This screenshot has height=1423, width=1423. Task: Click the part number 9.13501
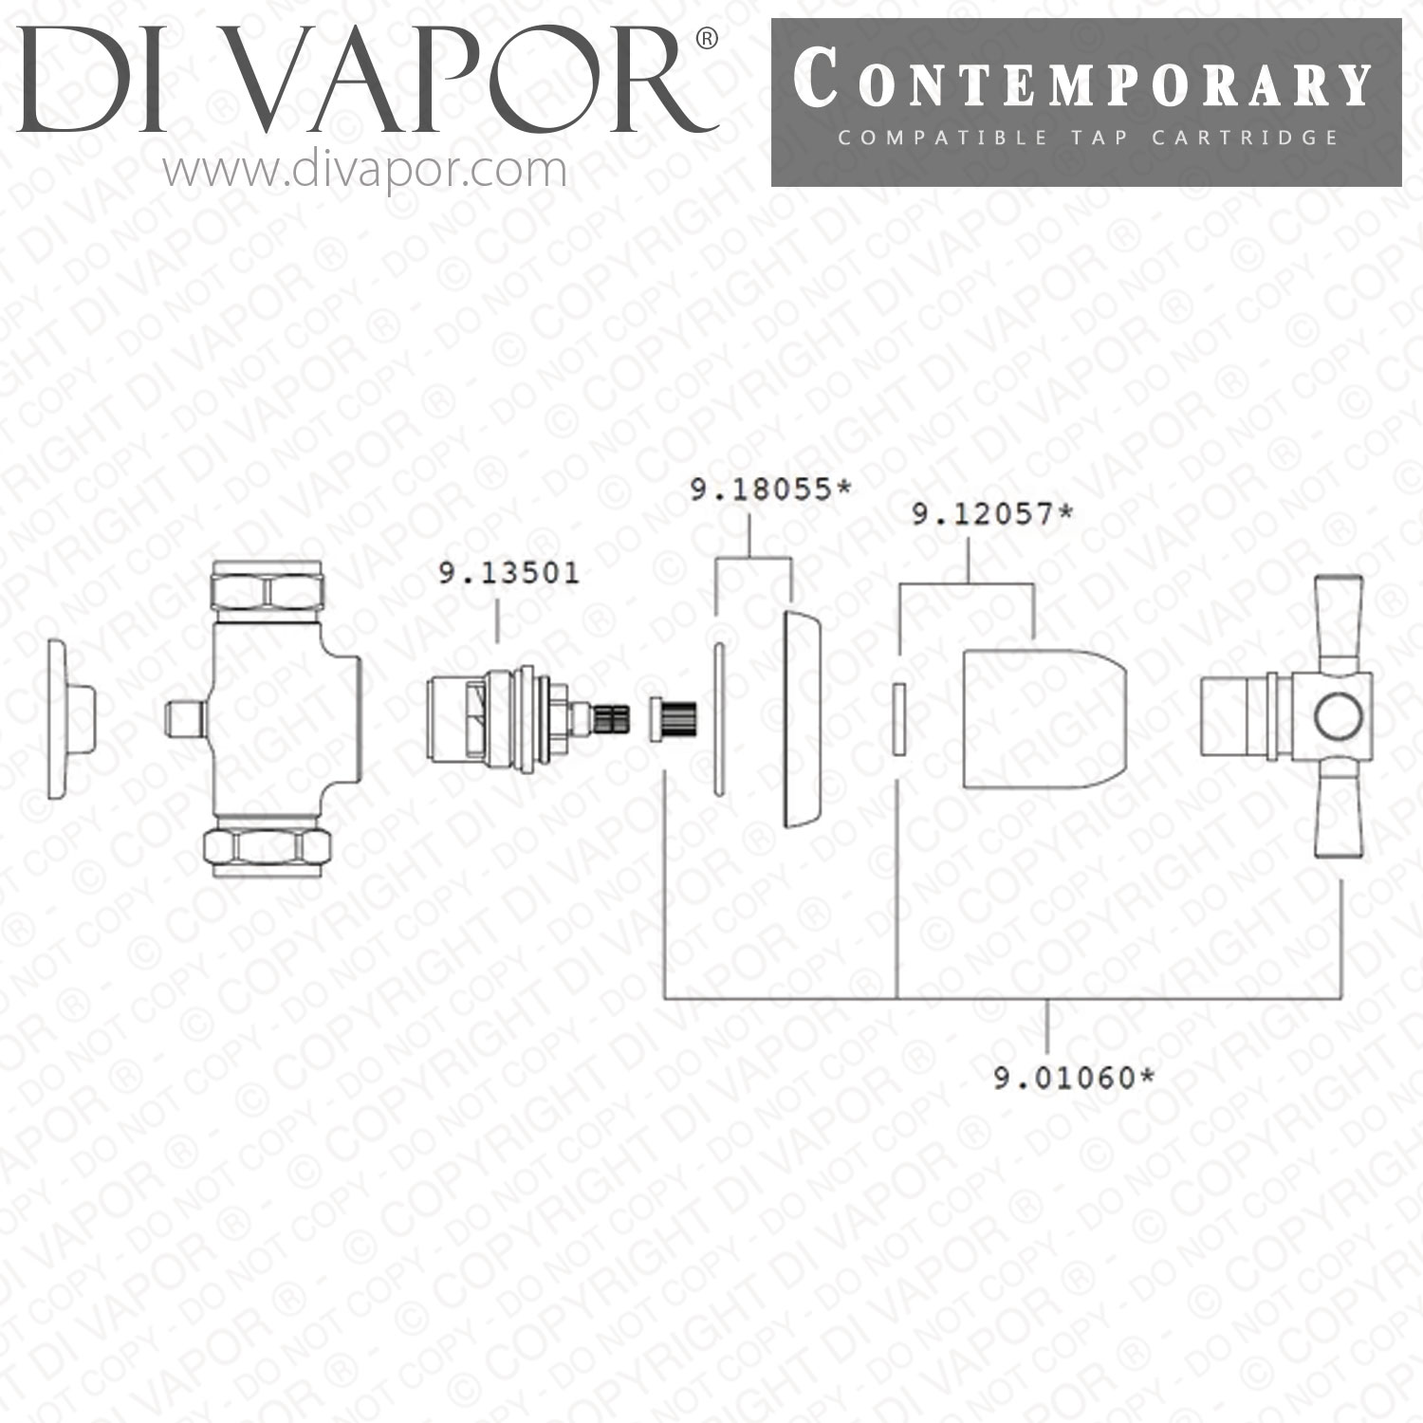point(508,574)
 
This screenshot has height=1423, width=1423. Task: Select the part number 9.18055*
point(770,490)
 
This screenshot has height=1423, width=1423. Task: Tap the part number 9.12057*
point(992,514)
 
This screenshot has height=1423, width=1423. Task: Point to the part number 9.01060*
point(1074,1078)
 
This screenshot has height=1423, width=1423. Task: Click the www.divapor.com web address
point(365,171)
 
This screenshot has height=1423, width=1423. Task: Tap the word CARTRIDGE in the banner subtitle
point(1245,138)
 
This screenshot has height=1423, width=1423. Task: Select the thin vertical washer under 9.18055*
point(718,719)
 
